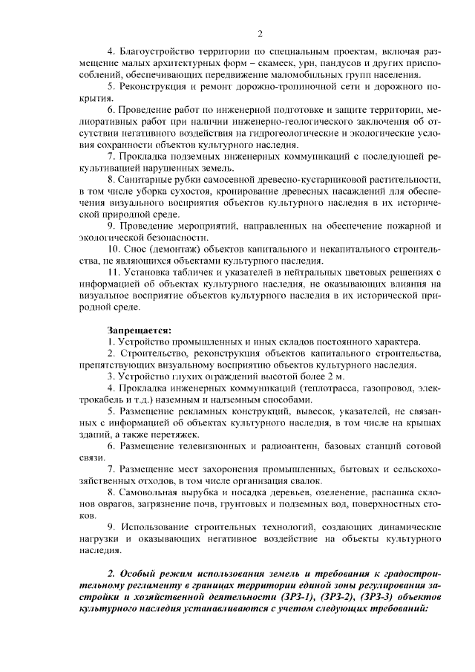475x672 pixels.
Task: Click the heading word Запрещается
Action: [x=139, y=329]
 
